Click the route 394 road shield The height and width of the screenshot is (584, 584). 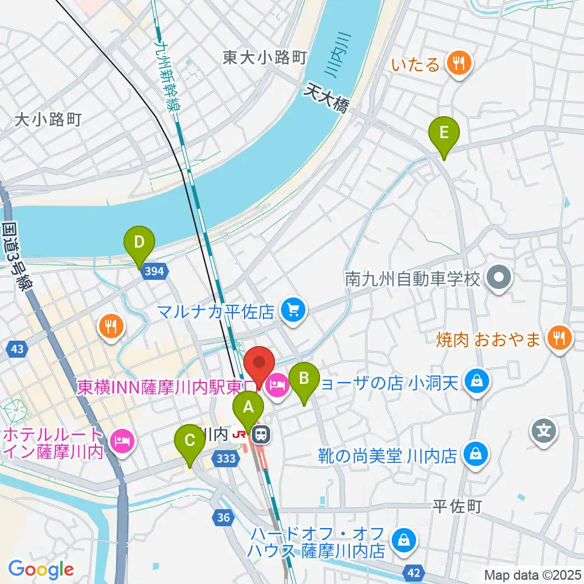[x=155, y=272]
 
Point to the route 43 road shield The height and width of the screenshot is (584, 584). [x=17, y=349]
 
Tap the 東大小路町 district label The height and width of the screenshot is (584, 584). [x=263, y=58]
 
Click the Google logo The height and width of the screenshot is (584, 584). [x=41, y=569]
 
